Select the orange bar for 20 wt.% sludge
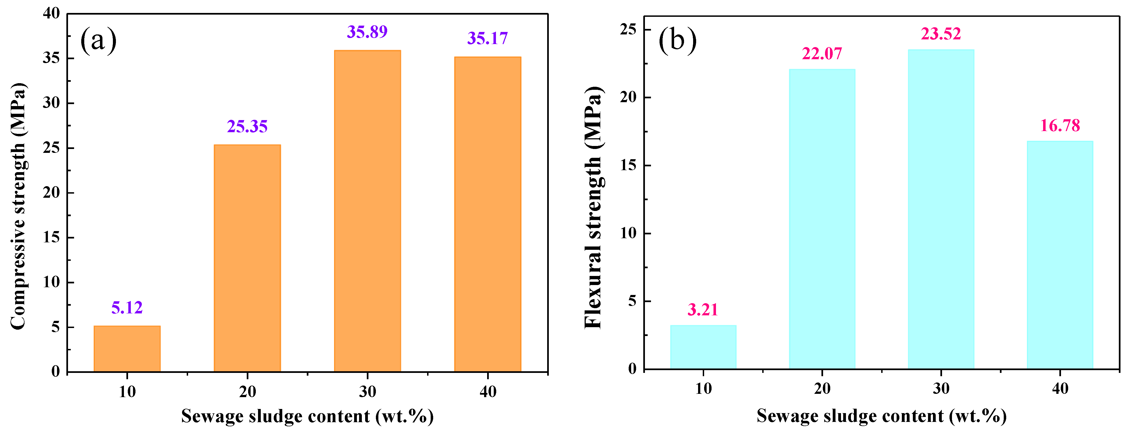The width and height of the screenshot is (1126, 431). click(247, 258)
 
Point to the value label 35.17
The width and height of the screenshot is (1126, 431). click(487, 39)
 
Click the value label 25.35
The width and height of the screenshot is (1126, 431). click(247, 127)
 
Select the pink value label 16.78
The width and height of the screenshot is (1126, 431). click(1060, 126)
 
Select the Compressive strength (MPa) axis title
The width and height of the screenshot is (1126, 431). click(18, 205)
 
